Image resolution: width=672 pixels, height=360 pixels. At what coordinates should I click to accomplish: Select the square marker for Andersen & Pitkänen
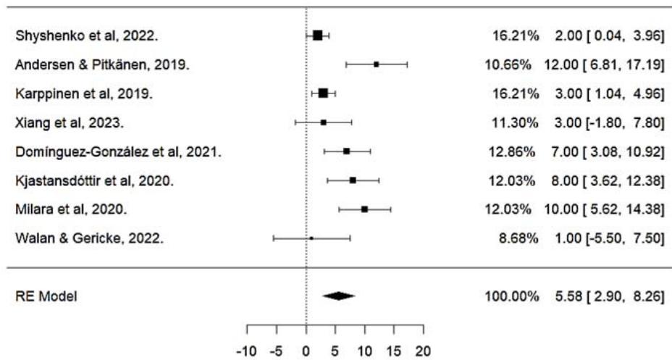point(377,64)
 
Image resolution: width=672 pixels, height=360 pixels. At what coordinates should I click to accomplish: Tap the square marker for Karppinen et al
point(323,93)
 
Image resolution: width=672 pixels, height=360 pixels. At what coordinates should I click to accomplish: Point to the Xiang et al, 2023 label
point(69,122)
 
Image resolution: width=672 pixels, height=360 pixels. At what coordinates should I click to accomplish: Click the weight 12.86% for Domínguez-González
point(511,151)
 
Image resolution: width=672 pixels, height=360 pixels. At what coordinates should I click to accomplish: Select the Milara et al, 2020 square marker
point(364,209)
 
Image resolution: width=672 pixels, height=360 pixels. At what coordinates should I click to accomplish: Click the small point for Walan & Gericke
point(311,238)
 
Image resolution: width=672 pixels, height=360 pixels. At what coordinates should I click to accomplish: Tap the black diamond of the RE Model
point(339,296)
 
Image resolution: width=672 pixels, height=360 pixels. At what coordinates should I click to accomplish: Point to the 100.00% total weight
point(508,296)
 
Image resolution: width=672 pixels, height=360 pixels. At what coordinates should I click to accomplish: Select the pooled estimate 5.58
point(564,296)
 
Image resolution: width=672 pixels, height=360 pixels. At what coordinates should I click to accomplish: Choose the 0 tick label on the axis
point(306,351)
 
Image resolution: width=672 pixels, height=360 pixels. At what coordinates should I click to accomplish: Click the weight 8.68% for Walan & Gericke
point(515,238)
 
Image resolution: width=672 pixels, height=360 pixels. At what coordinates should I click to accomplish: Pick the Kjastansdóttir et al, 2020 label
point(93,180)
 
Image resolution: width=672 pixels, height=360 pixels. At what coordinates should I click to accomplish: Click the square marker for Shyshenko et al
point(317,35)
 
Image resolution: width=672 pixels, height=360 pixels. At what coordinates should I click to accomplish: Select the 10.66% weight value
point(511,64)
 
